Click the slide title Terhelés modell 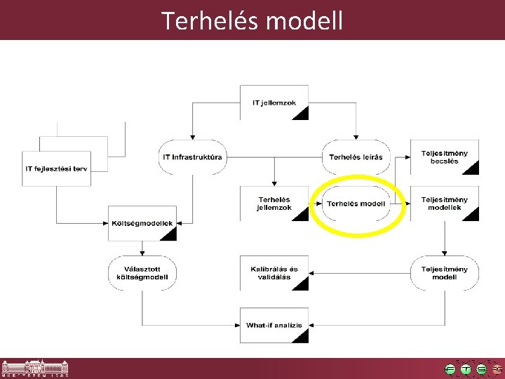click(x=252, y=20)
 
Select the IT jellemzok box click(x=274, y=102)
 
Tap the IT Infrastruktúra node click(x=192, y=157)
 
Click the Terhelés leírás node click(x=356, y=157)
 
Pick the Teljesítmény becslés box click(x=444, y=157)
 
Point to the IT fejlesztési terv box click(x=58, y=168)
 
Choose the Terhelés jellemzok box click(x=274, y=204)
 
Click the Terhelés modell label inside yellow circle click(x=356, y=204)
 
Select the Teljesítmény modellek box click(x=444, y=204)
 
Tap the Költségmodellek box click(x=142, y=223)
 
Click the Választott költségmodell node click(x=142, y=273)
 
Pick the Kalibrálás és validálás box click(x=274, y=273)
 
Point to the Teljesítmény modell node click(x=444, y=273)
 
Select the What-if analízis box click(x=274, y=325)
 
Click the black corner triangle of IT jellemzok click(x=301, y=114)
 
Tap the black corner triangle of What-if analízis click(x=301, y=336)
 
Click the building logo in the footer click(x=35, y=368)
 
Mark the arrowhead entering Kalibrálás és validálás click(x=312, y=270)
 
